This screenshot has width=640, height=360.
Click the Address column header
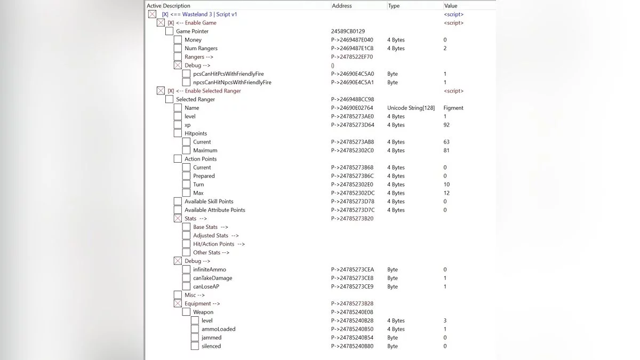[x=342, y=5]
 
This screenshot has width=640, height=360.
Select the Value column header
[x=451, y=5]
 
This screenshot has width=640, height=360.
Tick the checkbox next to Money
[x=178, y=40]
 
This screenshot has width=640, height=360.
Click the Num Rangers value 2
[x=445, y=49]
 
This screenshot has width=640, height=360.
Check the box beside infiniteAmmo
[x=186, y=270]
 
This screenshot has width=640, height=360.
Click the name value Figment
[x=453, y=108]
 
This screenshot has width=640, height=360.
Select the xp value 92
[x=446, y=125]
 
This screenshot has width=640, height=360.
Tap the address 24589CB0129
[x=348, y=31]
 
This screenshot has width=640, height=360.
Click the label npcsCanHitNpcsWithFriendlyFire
[x=232, y=83]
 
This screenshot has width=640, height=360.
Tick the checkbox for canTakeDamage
[x=186, y=278]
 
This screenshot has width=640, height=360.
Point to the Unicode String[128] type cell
[x=411, y=108]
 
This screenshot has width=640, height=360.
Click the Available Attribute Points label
[x=215, y=210]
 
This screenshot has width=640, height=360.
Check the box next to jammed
[x=195, y=338]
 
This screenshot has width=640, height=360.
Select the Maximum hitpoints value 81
[x=446, y=150]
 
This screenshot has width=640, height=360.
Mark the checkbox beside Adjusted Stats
[x=186, y=236]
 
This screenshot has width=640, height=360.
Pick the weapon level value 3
[x=445, y=321]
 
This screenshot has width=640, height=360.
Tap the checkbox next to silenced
[x=195, y=346]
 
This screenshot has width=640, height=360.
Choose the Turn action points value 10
[x=446, y=185]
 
